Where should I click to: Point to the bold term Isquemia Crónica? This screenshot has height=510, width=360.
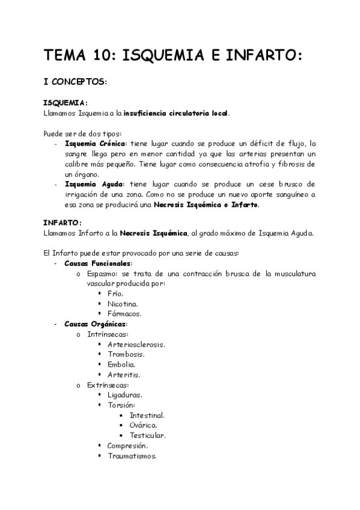[x=96, y=144]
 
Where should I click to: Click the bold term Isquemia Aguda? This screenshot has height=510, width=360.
[x=93, y=184]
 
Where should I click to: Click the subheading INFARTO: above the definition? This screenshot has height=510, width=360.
[x=64, y=223]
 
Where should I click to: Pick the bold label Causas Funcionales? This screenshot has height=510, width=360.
[x=98, y=263]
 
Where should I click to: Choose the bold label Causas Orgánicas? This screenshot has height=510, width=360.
[x=96, y=324]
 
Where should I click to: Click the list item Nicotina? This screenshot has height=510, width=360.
[x=123, y=304]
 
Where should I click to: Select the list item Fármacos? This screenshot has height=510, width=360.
[x=124, y=314]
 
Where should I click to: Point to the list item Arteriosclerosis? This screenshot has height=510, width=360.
[x=136, y=344]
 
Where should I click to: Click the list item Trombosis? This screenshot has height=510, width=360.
[x=126, y=354]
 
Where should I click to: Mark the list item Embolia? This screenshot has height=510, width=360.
[x=121, y=364]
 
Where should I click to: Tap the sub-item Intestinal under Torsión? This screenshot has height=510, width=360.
[x=147, y=415]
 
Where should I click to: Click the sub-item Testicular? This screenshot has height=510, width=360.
[x=148, y=435]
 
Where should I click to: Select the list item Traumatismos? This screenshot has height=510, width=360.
[x=132, y=456]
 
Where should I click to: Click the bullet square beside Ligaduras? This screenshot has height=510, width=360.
[x=100, y=395]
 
